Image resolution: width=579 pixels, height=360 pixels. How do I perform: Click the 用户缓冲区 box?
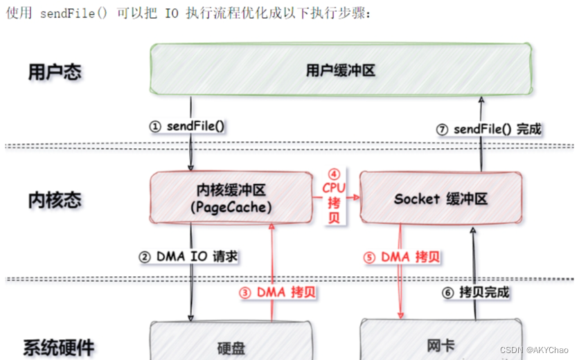pos(341,70)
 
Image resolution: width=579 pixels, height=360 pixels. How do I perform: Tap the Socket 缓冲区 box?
pos(441,199)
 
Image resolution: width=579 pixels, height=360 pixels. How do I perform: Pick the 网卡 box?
pos(441,346)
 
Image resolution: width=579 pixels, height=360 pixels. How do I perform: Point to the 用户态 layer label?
pos(55,73)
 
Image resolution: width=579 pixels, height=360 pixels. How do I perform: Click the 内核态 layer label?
pos(55,201)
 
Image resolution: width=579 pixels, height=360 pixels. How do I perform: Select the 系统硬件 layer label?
pos(60,347)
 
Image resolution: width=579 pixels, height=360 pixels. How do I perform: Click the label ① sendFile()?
pos(189,127)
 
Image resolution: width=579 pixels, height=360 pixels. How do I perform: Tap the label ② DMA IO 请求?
pos(188,257)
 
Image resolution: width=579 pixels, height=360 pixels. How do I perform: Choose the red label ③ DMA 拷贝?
pos(278,292)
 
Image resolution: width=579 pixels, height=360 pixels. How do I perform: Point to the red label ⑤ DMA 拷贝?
pos(402,257)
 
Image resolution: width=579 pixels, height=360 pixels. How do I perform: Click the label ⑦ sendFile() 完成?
pos(490,129)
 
